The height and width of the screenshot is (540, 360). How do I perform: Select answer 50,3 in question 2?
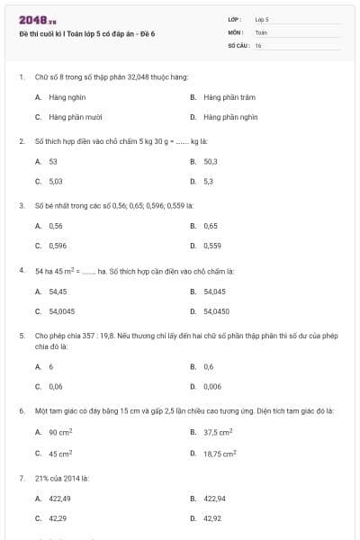(211, 161)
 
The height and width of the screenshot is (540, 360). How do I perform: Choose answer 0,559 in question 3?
(212, 245)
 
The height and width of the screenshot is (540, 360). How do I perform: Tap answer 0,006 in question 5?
(212, 386)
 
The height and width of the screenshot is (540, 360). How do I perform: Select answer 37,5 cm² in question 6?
(218, 432)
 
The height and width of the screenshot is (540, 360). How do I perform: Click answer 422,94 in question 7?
(214, 498)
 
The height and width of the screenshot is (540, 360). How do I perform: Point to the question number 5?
(21, 335)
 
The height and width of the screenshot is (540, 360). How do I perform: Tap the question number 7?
(21, 477)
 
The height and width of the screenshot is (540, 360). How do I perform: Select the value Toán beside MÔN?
(261, 31)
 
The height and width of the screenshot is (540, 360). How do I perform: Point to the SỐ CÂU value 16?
(258, 44)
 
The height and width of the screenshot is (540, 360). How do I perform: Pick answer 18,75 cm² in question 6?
(219, 454)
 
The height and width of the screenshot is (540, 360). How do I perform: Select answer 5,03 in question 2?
(56, 181)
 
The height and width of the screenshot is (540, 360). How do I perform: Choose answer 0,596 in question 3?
(58, 245)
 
